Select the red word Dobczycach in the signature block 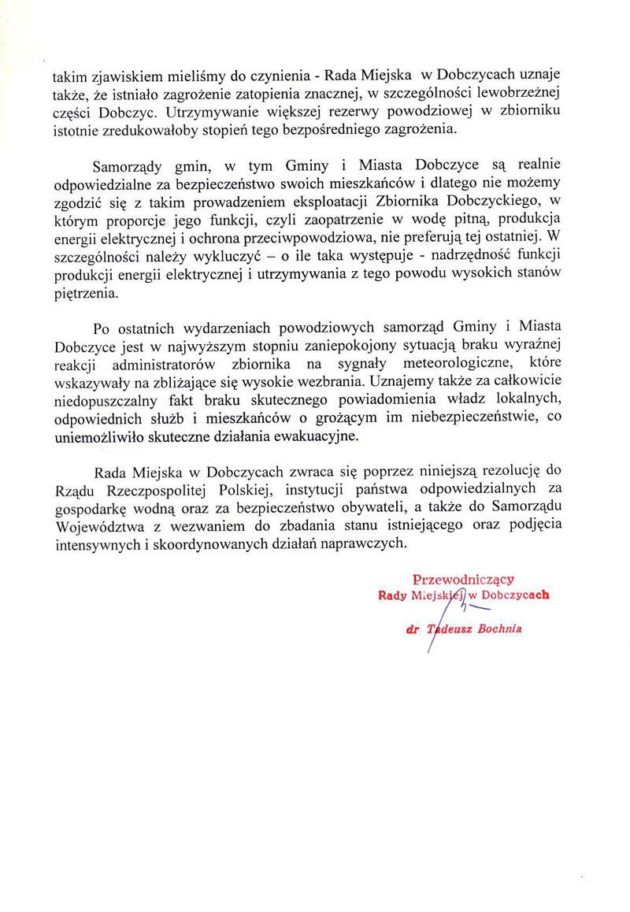[x=513, y=596]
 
